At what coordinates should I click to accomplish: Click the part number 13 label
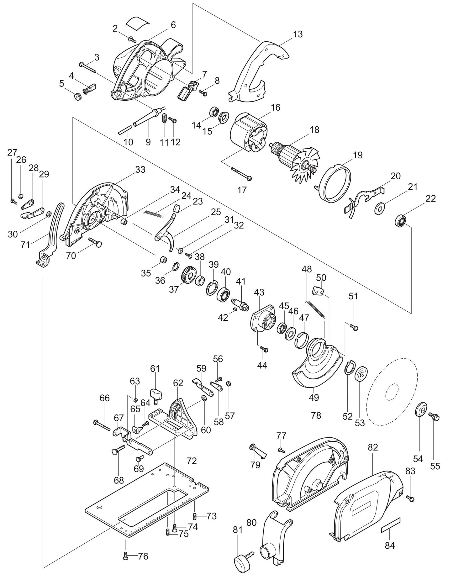298,34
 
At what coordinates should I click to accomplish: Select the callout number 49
313,397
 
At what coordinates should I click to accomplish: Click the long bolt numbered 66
102,425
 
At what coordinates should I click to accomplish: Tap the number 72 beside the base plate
192,461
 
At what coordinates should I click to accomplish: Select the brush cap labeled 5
77,96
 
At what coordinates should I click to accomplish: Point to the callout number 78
316,416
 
